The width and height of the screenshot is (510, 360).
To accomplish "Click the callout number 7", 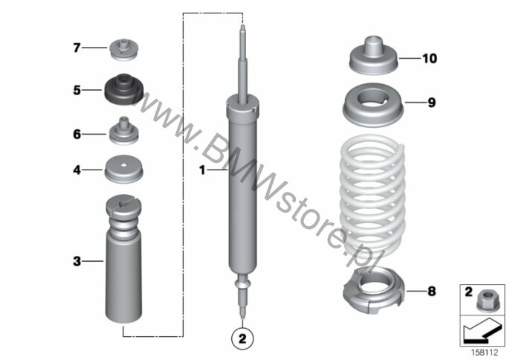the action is point(77,48).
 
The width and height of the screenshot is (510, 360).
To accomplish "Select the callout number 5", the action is point(77,90).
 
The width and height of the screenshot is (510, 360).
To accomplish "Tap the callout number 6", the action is point(77,134).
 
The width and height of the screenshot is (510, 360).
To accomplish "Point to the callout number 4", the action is point(77,170).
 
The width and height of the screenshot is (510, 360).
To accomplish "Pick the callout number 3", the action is point(77,261).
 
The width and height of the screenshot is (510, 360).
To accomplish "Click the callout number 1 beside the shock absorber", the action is point(202,170).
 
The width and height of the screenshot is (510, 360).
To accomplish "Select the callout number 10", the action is point(430,59).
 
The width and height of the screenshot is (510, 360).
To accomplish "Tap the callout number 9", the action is point(431,103).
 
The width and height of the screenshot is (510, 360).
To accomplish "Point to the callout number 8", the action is point(431,292).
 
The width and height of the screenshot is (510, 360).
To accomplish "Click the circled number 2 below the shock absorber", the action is point(242,339).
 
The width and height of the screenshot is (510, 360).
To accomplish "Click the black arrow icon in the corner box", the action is point(481,331).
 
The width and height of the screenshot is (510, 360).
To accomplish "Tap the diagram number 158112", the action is point(485,352).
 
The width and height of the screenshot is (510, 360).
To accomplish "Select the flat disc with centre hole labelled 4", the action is point(123,169).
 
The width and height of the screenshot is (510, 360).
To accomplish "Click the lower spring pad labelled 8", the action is point(373,290).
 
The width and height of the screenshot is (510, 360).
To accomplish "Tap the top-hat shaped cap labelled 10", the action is point(373,56).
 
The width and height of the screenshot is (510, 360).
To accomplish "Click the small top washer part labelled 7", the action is point(124,50).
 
